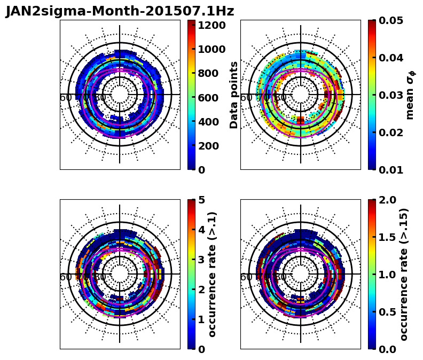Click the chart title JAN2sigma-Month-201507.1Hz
(120, 11)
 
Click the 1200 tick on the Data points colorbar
(211, 25)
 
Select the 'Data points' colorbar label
(234, 95)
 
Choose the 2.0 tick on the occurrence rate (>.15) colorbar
(389, 200)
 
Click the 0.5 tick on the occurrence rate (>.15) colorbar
(389, 312)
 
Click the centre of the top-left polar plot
(120, 95)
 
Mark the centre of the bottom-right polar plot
(301, 274)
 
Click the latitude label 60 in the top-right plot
(246, 98)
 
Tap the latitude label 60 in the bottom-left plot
(66, 277)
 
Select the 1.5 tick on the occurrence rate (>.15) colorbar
(389, 237)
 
